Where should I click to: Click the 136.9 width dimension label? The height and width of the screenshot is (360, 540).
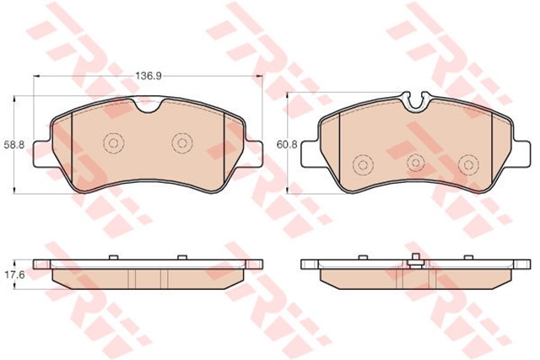point(148,76)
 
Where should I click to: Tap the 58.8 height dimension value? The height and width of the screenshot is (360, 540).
point(14,145)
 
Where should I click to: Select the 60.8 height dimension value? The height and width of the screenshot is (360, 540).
point(287,144)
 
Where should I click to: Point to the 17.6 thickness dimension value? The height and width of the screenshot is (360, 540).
point(14,276)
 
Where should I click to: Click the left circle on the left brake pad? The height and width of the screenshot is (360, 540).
point(113,142)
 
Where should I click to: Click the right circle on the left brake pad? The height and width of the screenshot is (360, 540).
point(182,142)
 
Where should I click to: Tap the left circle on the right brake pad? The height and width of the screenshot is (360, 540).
point(363,165)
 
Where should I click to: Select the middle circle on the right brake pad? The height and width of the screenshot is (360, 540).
point(416,163)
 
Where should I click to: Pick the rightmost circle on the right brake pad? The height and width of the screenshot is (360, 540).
point(469,164)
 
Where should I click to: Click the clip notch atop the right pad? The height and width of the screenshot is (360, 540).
point(416,102)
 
